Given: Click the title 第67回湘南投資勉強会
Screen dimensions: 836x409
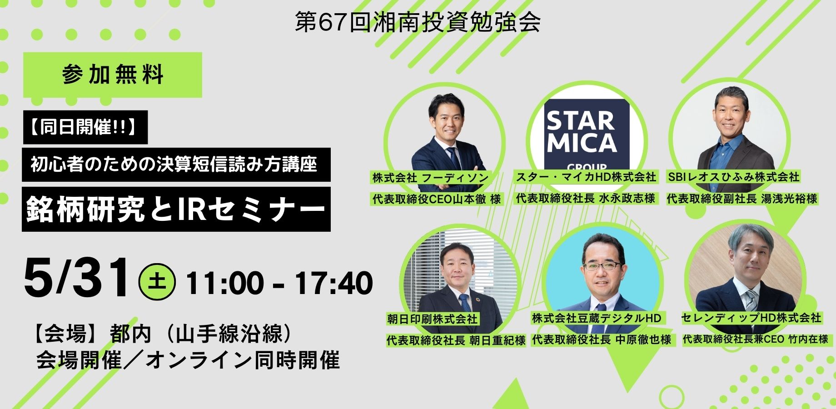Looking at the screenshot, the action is pos(418,22).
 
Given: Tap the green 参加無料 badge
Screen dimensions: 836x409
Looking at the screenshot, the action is pos(113,75).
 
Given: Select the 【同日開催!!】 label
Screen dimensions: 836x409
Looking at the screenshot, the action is pos(85,127).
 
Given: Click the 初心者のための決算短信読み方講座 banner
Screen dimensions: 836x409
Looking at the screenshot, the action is pos(176,165).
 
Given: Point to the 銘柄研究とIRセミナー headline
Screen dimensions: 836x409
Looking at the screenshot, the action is pos(176,209).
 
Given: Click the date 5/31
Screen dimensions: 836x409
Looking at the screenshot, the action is pos(77,277).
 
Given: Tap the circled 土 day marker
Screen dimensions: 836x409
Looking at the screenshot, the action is pos(157,282).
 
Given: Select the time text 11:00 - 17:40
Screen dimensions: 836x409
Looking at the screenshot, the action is pos(279,282).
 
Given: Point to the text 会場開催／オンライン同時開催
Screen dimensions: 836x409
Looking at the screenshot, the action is pos(188,360).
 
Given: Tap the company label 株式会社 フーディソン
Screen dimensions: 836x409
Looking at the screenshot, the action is pos(431,178).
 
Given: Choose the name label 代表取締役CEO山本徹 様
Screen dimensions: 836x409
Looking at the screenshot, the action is pos(437,199).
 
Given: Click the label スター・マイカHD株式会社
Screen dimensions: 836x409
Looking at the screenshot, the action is pos(586,177).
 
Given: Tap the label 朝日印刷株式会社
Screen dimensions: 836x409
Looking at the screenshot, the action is pos(433,319).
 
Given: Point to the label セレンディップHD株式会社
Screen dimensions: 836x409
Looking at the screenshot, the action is pos(751,318).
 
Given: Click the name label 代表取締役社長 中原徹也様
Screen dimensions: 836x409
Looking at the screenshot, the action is pos(602,339).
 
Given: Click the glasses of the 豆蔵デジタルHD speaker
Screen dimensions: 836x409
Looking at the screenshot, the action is pos(602,266).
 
